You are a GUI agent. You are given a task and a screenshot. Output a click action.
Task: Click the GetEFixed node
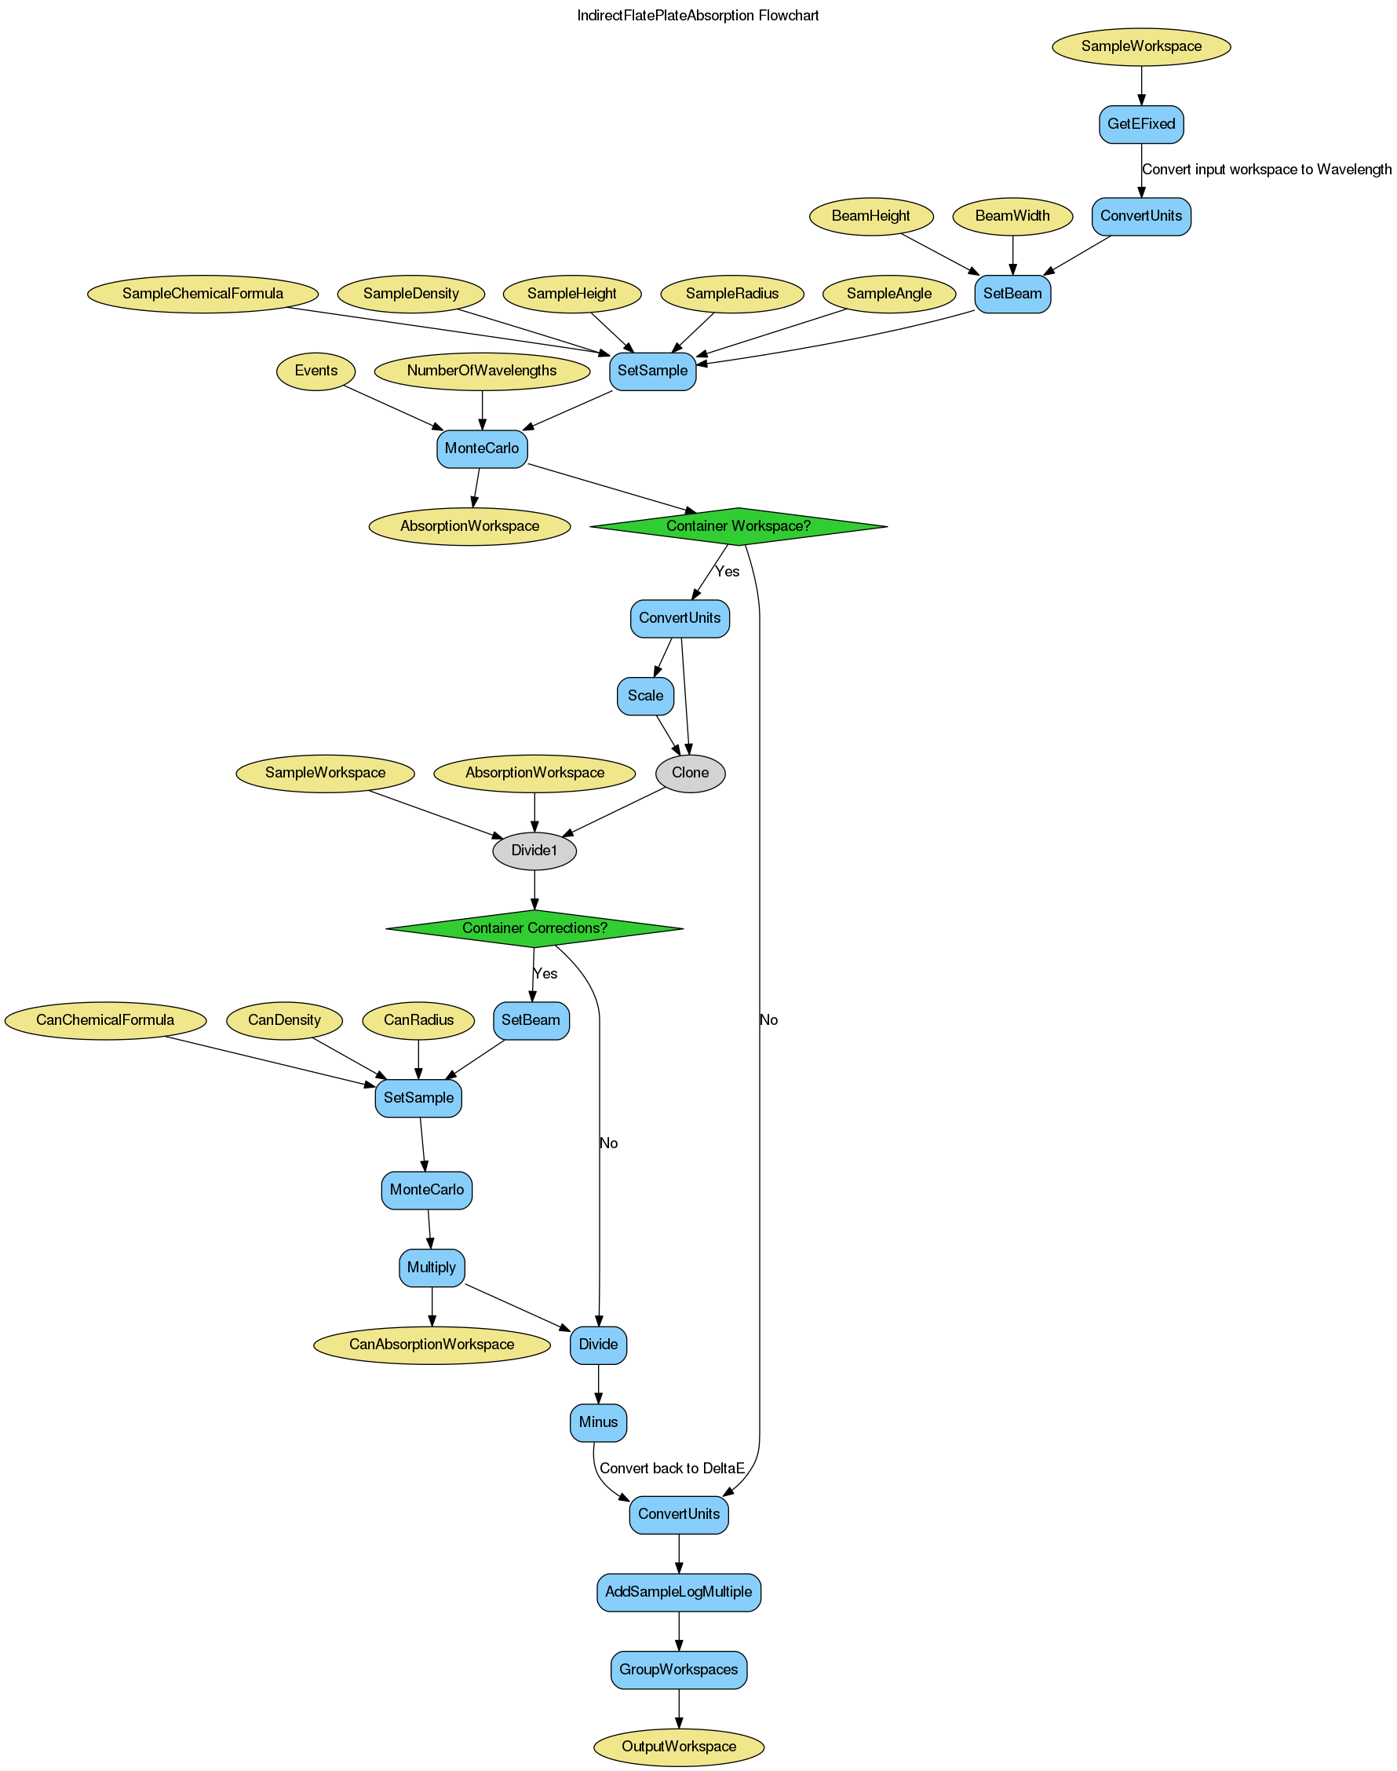(1141, 124)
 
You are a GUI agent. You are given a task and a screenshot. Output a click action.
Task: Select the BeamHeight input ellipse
(871, 216)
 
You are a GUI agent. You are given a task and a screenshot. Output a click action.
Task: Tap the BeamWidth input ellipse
(1012, 216)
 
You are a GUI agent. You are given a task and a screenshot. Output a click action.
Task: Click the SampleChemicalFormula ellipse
(202, 294)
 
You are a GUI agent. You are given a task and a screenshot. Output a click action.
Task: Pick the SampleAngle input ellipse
(889, 294)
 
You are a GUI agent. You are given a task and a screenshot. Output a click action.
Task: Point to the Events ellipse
(316, 371)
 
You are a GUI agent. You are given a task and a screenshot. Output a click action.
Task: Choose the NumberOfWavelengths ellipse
(482, 371)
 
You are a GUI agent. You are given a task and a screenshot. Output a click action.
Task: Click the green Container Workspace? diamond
(738, 526)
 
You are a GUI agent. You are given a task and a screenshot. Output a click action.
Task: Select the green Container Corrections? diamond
(534, 928)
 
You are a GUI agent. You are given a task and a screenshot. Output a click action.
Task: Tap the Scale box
(645, 696)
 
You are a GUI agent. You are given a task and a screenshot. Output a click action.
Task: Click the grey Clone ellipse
(690, 773)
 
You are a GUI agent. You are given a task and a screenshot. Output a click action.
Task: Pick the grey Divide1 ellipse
(534, 851)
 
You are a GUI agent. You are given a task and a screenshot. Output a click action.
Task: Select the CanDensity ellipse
(285, 1019)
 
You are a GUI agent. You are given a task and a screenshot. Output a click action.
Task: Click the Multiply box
(432, 1267)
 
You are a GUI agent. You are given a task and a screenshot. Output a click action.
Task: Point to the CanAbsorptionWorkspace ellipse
(432, 1344)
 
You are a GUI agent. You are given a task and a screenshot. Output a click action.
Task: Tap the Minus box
(598, 1422)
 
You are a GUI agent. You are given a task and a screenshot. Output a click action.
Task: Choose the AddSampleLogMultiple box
(678, 1592)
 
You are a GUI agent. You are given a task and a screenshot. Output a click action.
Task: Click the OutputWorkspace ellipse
(678, 1747)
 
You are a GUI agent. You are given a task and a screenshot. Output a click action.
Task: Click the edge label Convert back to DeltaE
(672, 1468)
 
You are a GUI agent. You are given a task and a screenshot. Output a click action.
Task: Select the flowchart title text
(698, 16)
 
